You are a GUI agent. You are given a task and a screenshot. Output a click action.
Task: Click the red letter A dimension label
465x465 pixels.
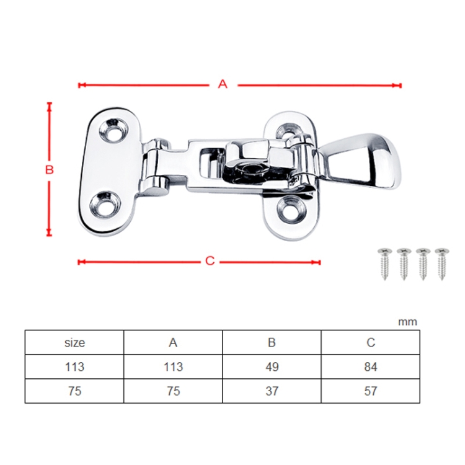(223, 84)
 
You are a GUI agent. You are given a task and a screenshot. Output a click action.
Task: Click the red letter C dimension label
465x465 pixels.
(210, 261)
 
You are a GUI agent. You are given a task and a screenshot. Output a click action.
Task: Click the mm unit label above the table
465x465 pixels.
(407, 321)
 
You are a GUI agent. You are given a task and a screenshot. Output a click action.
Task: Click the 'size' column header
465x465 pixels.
(74, 342)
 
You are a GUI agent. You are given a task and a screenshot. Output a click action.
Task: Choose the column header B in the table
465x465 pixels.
(272, 342)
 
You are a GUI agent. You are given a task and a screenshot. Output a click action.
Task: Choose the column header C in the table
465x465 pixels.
(370, 342)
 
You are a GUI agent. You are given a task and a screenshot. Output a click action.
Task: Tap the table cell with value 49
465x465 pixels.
(272, 366)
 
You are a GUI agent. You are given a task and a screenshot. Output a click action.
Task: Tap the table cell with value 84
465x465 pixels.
(370, 366)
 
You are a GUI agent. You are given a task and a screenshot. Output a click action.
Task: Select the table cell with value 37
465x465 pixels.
(272, 391)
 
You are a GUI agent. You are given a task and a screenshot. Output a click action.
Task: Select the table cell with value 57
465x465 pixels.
(370, 391)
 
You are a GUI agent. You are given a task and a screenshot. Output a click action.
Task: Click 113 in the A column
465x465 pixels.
(173, 366)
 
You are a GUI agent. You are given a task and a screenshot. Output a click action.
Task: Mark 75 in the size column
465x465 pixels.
(74, 391)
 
